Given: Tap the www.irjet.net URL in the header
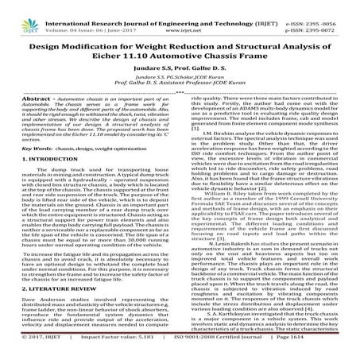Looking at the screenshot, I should point(179,14).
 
